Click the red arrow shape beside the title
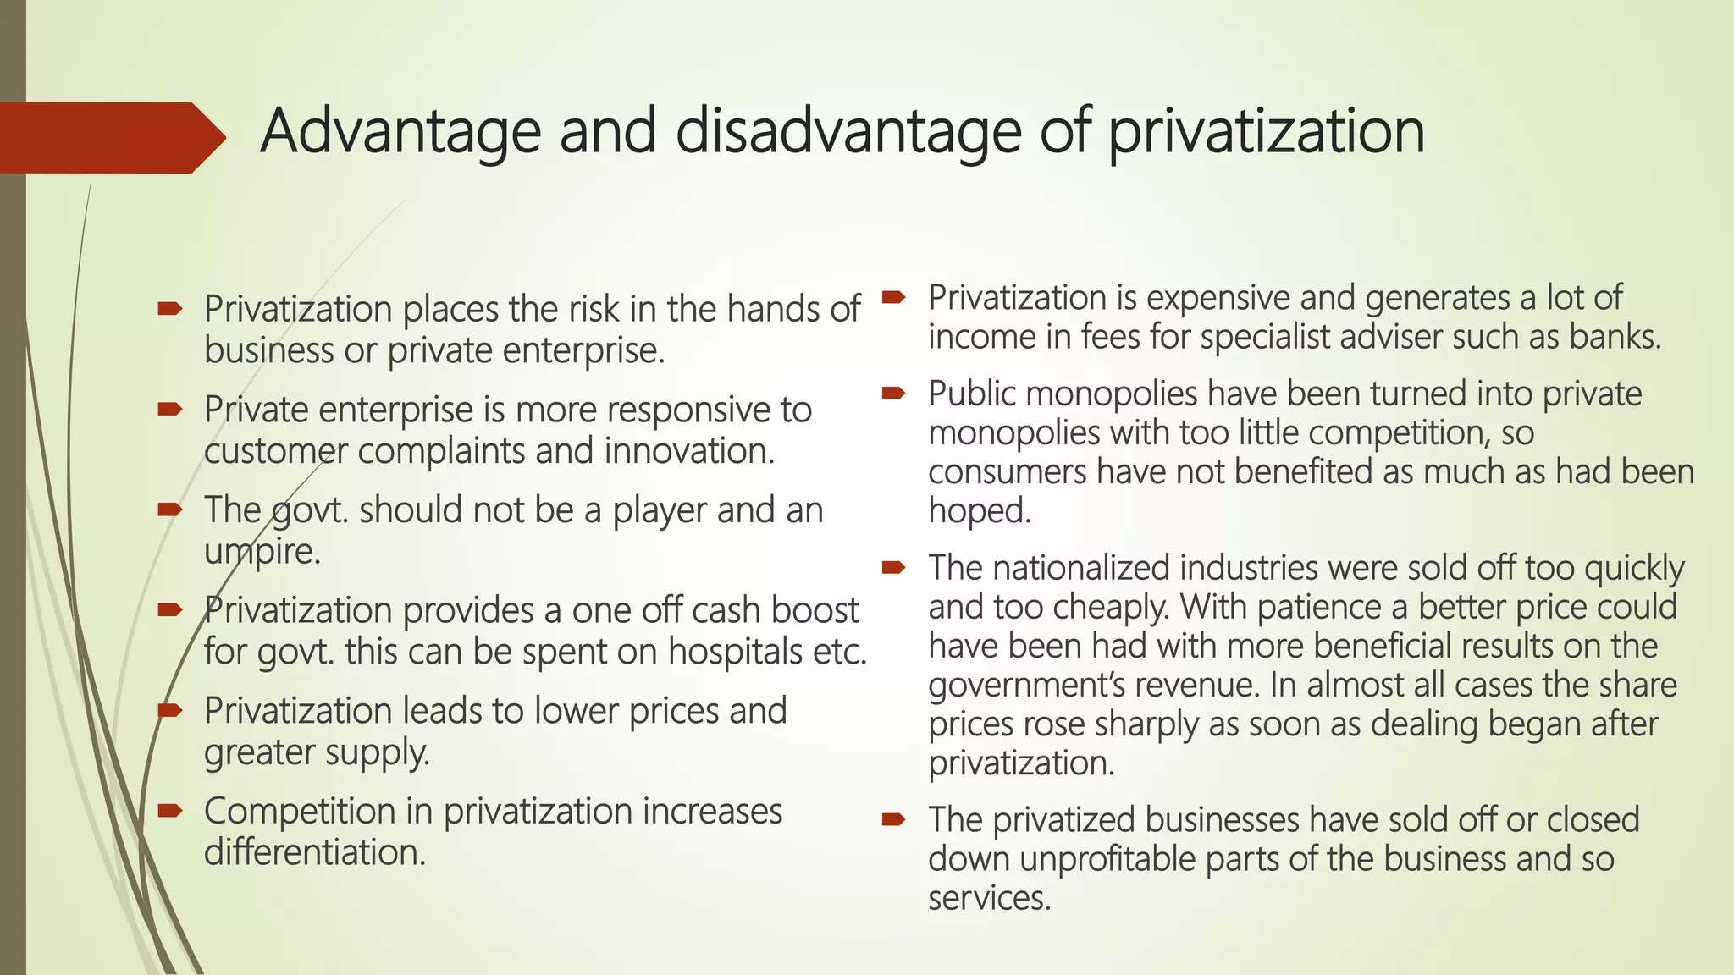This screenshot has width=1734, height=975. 110,137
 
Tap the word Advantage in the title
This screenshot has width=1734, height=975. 400,133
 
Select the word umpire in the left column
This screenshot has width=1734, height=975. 262,552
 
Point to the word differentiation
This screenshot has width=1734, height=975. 314,852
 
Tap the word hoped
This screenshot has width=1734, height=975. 980,510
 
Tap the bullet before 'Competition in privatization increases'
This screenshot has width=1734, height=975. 170,812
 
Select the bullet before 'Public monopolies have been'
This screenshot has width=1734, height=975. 893,394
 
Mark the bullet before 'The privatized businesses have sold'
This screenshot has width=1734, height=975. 893,819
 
